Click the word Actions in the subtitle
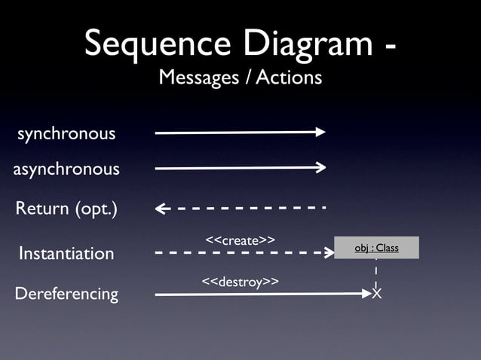tap(289, 78)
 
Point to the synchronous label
tap(66, 134)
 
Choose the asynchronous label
tap(66, 169)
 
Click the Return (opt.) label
tap(66, 209)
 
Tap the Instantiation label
tap(66, 253)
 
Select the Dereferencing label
tap(66, 293)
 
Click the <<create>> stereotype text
tap(239, 239)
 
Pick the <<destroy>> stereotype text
tap(240, 281)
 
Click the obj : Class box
tap(376, 248)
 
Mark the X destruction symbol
tap(376, 293)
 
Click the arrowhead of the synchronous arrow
tap(321, 132)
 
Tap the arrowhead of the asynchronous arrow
tap(321, 167)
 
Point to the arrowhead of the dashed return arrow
tap(160, 209)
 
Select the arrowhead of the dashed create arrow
tap(329, 253)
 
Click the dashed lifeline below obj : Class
tap(376, 272)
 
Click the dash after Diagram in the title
tap(390, 47)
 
